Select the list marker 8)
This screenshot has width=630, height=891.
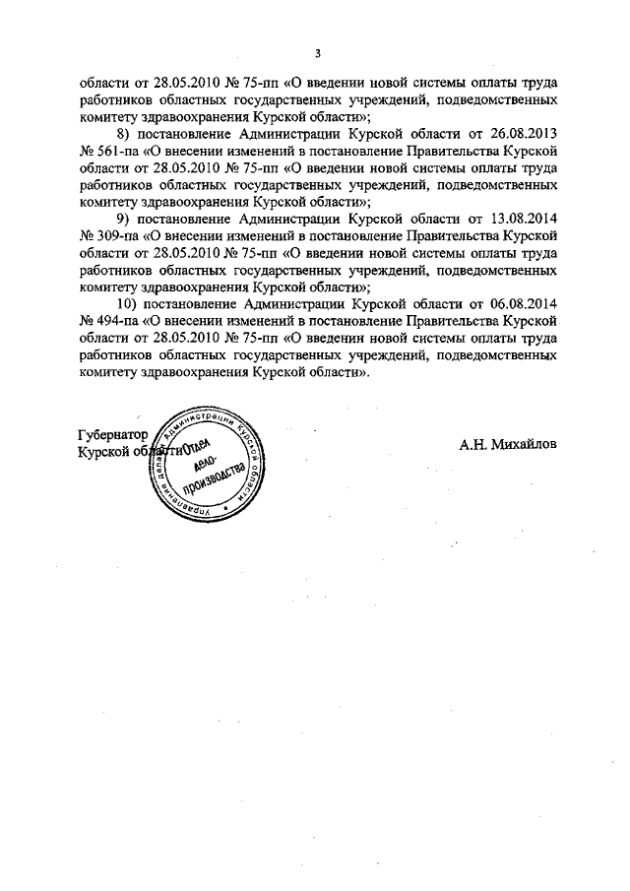pyautogui.click(x=123, y=132)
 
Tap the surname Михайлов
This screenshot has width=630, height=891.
pyautogui.click(x=523, y=444)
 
